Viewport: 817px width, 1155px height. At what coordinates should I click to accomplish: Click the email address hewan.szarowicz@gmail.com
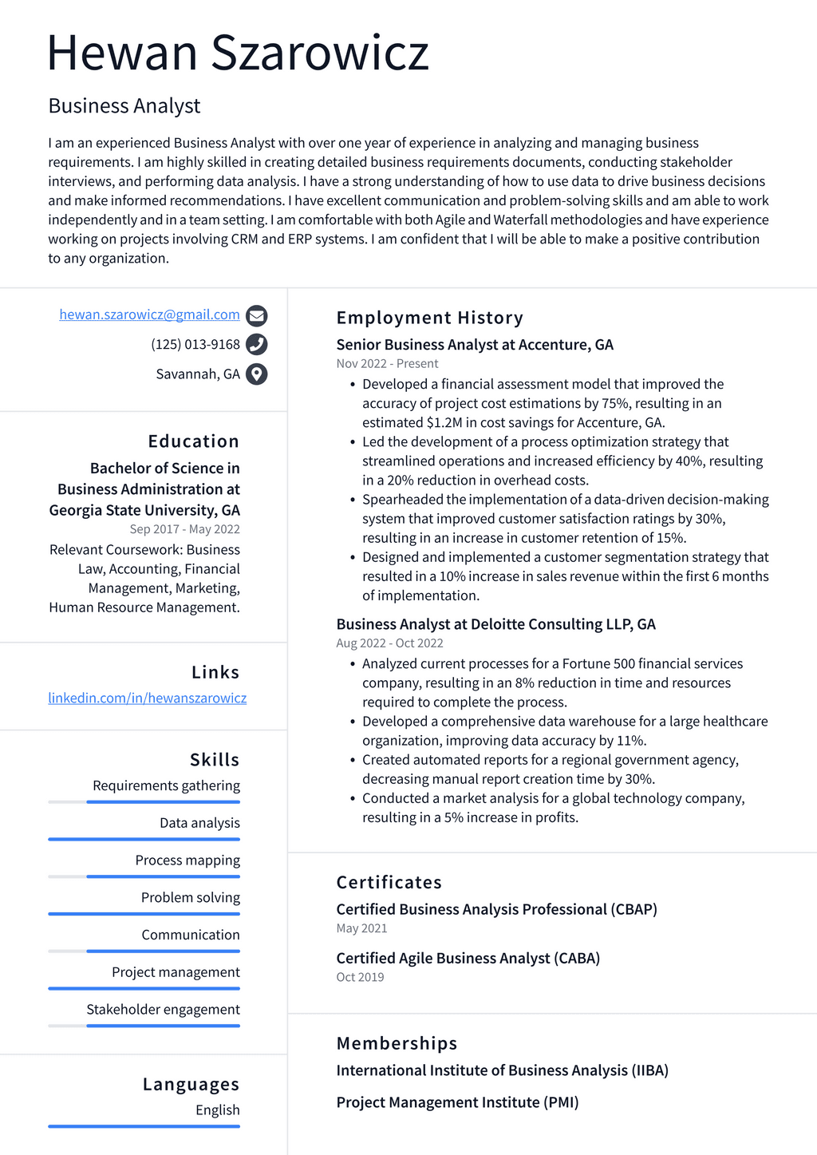[149, 314]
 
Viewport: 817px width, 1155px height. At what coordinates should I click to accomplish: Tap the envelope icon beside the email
[256, 316]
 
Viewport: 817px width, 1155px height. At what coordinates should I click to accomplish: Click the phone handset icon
[256, 345]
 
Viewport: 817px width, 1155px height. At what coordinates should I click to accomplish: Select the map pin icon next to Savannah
[256, 374]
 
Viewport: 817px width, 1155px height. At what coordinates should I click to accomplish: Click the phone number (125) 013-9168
[195, 345]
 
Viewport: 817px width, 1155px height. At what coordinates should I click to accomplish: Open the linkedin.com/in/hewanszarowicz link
[147, 698]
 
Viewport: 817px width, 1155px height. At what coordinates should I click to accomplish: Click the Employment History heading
[429, 318]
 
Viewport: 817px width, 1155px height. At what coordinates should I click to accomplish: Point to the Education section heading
[193, 441]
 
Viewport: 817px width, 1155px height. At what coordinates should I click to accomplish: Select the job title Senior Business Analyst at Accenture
[475, 345]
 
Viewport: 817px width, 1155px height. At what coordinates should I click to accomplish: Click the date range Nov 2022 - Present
[387, 364]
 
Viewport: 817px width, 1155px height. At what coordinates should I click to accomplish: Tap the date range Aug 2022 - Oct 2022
[389, 643]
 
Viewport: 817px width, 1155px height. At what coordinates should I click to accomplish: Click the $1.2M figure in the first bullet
[444, 423]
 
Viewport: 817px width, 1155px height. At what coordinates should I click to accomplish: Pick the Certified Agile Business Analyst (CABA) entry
[468, 958]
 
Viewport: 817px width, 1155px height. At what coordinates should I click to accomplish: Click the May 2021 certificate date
[361, 928]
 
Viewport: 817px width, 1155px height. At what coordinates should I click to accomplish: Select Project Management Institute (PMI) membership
[457, 1102]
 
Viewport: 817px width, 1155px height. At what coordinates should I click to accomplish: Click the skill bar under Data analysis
[144, 840]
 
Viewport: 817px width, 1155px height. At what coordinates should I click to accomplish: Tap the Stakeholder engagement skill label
[163, 1010]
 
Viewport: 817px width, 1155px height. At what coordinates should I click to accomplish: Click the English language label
[217, 1110]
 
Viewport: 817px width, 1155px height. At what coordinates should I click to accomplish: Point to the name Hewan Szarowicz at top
[238, 53]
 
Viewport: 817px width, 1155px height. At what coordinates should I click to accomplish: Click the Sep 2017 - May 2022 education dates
[184, 529]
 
